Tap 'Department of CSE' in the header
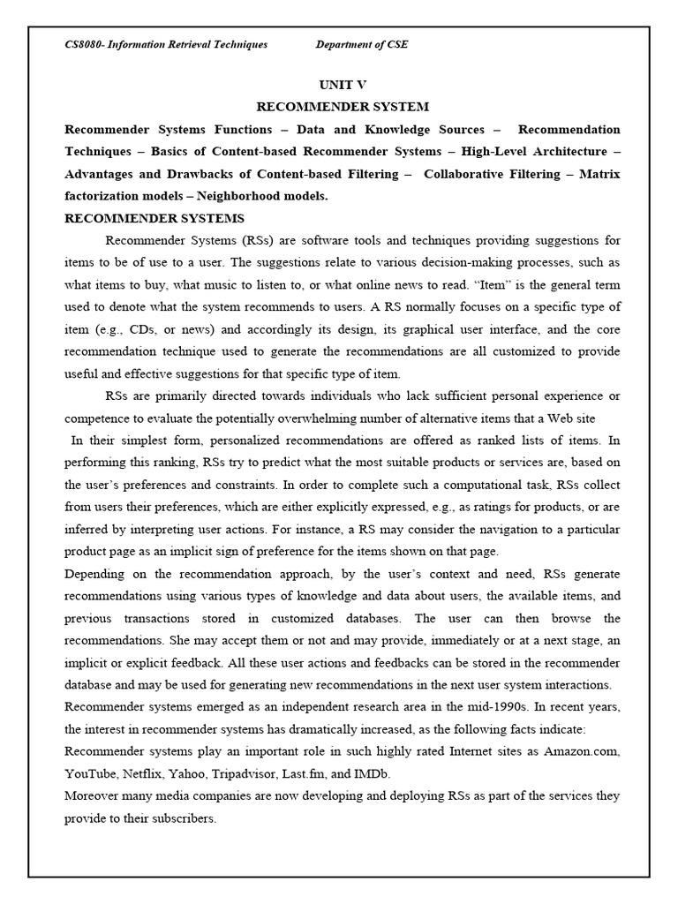pos(362,44)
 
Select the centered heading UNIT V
pos(342,85)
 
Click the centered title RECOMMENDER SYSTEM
pos(343,107)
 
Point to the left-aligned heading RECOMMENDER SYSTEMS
pos(154,218)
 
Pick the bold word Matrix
pos(599,174)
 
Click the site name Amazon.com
pos(582,751)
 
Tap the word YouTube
pos(91,773)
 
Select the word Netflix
pos(147,773)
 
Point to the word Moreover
pos(95,795)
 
